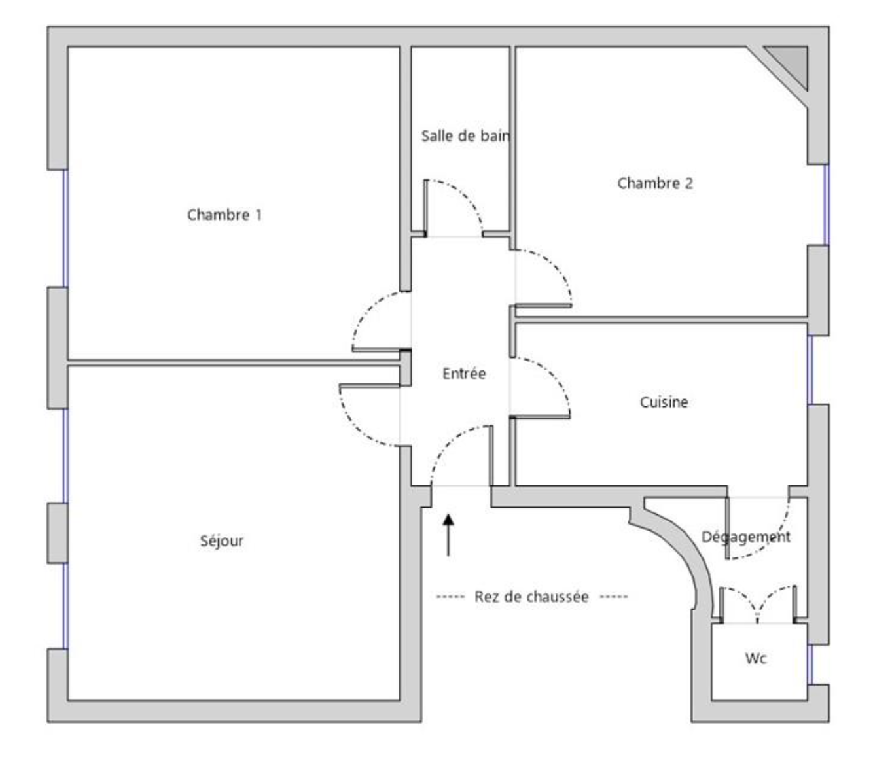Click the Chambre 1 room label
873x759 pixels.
[224, 214]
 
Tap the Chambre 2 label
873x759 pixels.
[654, 183]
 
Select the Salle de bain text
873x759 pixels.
[465, 135]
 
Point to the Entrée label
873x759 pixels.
[464, 374]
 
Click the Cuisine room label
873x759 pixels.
[664, 402]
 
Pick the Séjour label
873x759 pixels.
[221, 540]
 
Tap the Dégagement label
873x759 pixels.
[745, 537]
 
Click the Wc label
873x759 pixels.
[756, 658]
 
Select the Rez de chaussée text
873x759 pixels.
[531, 596]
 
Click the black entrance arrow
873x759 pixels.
[448, 535]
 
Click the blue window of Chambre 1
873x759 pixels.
[65, 228]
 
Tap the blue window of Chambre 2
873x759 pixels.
[827, 204]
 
